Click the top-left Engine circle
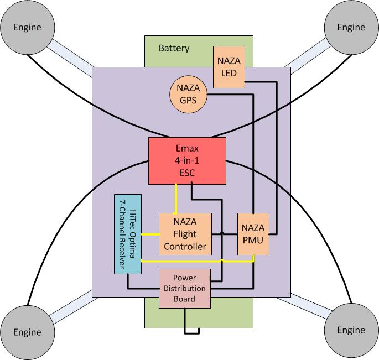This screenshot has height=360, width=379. (x=27, y=27)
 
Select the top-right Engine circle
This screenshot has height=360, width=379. (x=351, y=27)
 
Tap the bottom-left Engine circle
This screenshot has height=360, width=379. (x=27, y=332)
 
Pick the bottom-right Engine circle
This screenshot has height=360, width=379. (x=351, y=331)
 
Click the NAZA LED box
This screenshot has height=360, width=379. (x=229, y=66)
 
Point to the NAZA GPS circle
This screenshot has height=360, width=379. (x=188, y=94)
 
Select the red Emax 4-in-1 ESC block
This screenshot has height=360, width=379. (x=188, y=160)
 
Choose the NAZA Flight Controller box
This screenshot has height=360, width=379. (x=185, y=234)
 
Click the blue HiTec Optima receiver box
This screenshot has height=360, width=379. (x=127, y=234)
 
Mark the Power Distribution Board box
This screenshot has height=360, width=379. (x=185, y=288)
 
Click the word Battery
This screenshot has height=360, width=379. (x=174, y=48)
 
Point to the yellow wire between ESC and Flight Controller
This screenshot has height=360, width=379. (x=176, y=198)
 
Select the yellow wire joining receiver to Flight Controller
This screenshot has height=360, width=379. (x=150, y=234)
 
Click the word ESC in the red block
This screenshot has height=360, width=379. (x=188, y=173)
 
